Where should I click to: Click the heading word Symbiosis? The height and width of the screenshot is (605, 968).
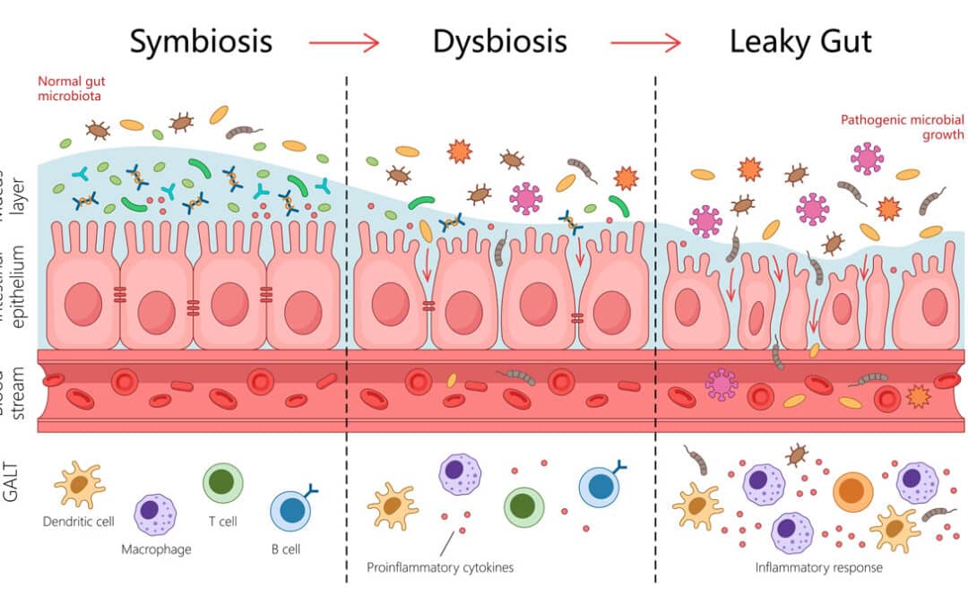click(201, 42)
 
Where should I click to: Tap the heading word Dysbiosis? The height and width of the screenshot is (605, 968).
click(499, 42)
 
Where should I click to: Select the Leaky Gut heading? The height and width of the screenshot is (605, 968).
click(800, 42)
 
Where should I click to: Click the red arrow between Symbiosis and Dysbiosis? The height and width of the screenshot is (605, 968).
click(344, 43)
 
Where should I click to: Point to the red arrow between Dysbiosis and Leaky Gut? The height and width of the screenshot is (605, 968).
click(646, 43)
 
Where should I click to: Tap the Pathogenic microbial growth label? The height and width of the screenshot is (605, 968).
click(902, 127)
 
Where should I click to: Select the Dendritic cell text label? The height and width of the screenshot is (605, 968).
click(80, 521)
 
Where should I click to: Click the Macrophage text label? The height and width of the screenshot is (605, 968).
click(156, 549)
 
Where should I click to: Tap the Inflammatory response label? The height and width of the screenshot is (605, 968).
click(818, 567)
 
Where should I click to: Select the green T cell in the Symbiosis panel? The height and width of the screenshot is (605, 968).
click(222, 484)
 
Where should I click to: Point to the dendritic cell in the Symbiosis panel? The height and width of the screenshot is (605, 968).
click(79, 484)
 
